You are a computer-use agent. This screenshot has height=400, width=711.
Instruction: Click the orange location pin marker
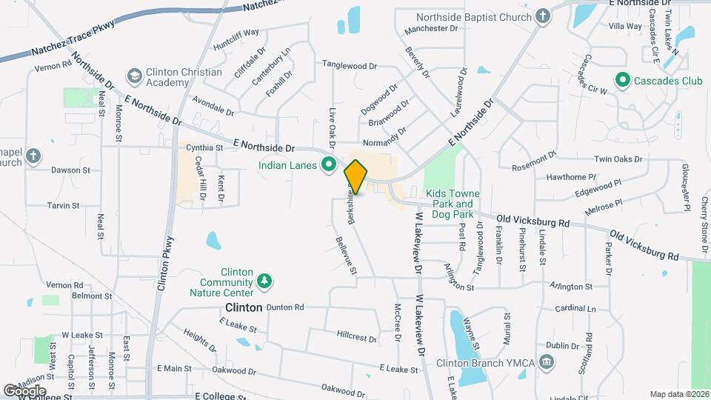(356, 177)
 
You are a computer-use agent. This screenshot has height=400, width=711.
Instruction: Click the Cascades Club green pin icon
(623, 79)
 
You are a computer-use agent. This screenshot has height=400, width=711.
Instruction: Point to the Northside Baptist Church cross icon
(543, 17)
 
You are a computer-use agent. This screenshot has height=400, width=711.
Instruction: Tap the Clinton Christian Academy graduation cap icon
(134, 76)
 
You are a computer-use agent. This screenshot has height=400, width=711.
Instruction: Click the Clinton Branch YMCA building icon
(547, 362)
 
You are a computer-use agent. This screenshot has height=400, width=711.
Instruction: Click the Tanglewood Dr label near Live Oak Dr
(349, 65)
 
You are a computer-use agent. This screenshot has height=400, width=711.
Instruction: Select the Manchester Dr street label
(433, 29)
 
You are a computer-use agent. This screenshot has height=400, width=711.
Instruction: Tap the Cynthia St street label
(204, 147)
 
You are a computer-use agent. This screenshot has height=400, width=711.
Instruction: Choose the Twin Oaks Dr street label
(618, 159)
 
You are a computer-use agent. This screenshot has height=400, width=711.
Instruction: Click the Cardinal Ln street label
(575, 308)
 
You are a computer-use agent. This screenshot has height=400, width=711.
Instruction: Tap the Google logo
(24, 390)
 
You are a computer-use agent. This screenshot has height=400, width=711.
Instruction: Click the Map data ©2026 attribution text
(678, 394)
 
